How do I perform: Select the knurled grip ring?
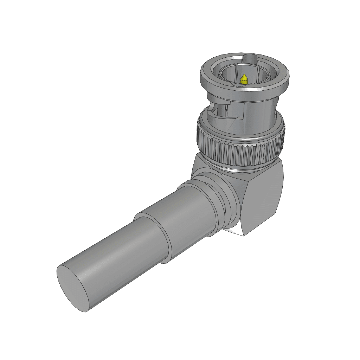[x=239, y=151]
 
